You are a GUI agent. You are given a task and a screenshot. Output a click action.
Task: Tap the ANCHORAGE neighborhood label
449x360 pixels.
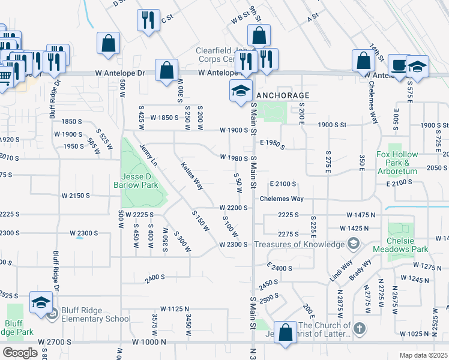(283, 95)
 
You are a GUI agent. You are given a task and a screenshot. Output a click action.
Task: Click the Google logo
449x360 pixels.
(20, 353)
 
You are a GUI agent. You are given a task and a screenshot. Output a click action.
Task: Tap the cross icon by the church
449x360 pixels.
(358, 329)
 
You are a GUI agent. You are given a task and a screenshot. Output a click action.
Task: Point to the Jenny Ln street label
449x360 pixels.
(148, 155)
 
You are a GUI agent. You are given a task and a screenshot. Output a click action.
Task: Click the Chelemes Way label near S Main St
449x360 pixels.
(282, 199)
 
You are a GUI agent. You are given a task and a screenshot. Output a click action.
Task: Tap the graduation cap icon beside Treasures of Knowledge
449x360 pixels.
(354, 244)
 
